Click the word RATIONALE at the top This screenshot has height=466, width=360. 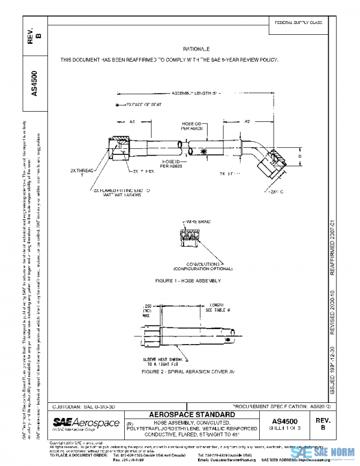click(196, 48)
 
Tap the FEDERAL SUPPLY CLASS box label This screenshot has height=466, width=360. click(298, 22)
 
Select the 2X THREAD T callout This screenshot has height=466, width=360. click(84, 172)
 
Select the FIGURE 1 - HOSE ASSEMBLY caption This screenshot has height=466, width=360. click(188, 280)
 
